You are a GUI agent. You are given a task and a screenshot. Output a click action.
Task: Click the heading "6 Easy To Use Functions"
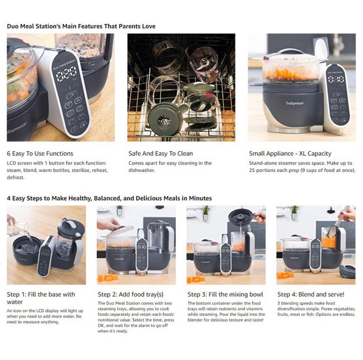(40, 153)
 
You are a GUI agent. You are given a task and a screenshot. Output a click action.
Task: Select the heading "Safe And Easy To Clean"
(161, 153)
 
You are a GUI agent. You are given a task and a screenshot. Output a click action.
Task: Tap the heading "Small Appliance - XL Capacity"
(290, 153)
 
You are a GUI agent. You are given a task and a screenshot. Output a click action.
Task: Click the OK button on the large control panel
(71, 95)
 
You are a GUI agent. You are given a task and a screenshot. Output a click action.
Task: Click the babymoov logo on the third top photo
(295, 103)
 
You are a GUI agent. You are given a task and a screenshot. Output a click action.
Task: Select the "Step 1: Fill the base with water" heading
(41, 298)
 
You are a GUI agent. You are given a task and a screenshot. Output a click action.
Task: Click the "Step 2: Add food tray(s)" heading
(130, 294)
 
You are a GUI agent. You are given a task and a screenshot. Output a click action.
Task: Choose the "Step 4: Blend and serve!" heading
(311, 294)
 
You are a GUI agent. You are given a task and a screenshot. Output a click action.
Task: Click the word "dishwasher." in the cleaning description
(142, 170)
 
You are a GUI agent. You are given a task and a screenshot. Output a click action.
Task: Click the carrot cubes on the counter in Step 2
(107, 278)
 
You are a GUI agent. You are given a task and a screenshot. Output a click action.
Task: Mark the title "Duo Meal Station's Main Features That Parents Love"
(81, 26)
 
